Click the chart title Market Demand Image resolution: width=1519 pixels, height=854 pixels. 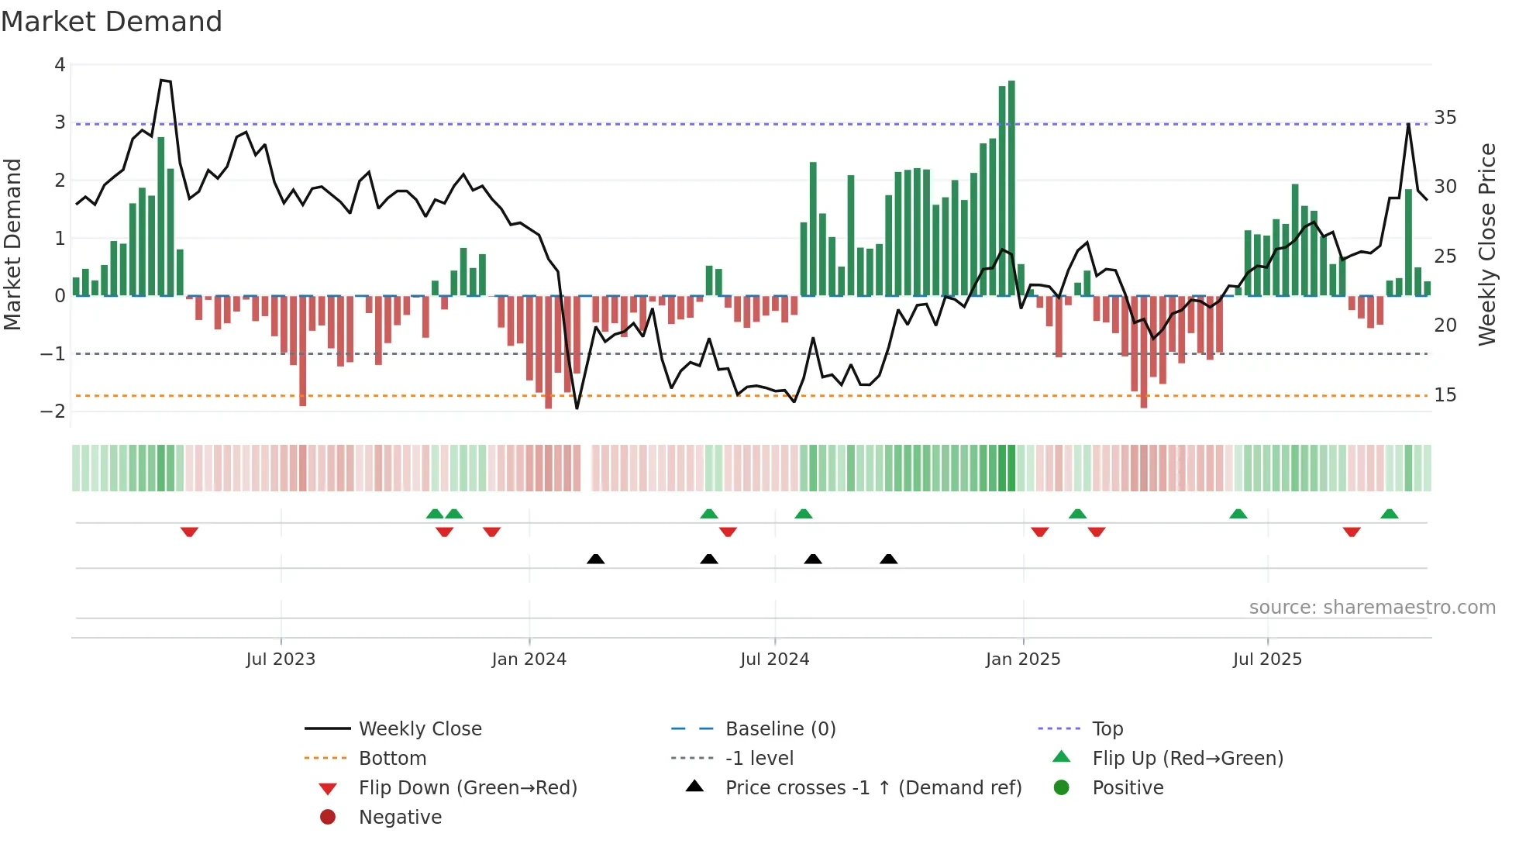click(x=112, y=22)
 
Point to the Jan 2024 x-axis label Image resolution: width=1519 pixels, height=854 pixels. click(x=529, y=659)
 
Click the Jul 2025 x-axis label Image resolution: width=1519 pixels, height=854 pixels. click(x=1267, y=659)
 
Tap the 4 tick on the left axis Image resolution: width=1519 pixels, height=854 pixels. click(x=60, y=65)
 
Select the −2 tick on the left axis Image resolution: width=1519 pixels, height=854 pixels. click(x=53, y=412)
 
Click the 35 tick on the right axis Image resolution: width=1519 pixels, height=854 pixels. click(x=1445, y=118)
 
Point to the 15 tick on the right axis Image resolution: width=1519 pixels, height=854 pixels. click(x=1445, y=395)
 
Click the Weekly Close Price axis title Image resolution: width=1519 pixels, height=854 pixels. click(x=1486, y=244)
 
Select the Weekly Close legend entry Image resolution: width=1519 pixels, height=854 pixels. click(x=419, y=729)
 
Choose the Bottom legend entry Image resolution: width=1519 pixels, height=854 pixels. click(x=392, y=759)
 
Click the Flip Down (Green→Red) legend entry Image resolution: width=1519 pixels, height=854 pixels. click(x=467, y=788)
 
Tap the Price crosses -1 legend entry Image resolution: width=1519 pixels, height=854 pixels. click(x=873, y=788)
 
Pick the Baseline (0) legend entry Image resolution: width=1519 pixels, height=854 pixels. click(x=780, y=729)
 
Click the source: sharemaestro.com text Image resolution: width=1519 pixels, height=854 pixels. click(x=1372, y=608)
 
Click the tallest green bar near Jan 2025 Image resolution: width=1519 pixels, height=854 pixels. click(x=1011, y=186)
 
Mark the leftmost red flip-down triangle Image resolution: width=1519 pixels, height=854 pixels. click(x=189, y=532)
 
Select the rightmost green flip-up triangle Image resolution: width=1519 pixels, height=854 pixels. click(x=1389, y=514)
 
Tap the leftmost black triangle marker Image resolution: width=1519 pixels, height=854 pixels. click(x=595, y=559)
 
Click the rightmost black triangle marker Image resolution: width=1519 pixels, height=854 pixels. click(x=888, y=559)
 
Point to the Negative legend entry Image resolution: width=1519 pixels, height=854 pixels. click(x=400, y=818)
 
